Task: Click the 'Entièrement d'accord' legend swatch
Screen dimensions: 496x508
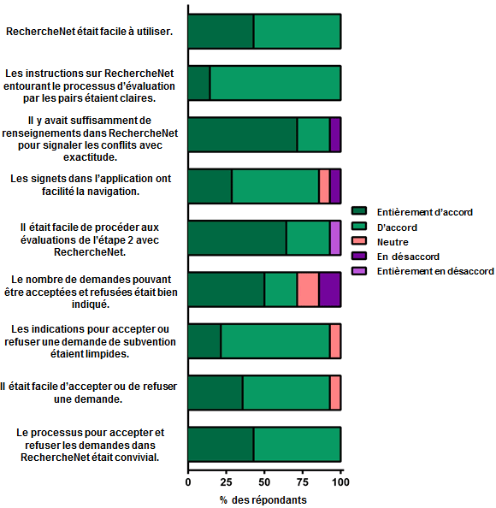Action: [359, 211]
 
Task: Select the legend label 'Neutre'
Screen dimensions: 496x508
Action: [393, 242]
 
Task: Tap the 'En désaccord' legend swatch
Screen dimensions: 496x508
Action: [359, 256]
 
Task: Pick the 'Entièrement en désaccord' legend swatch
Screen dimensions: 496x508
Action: [359, 271]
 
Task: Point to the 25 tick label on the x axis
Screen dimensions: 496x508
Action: [226, 482]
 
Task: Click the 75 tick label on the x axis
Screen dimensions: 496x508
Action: [303, 482]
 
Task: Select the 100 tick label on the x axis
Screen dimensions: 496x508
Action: [340, 482]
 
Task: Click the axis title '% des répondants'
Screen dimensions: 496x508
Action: [263, 500]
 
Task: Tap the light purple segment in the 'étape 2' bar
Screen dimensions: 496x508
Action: [335, 238]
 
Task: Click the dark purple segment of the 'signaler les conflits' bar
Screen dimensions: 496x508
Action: [335, 134]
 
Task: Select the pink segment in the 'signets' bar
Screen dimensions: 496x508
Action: [324, 186]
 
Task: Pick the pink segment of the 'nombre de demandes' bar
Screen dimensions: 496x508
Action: [308, 289]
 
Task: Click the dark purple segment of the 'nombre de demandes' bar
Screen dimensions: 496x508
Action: [330, 289]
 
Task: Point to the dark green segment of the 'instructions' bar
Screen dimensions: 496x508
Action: [199, 83]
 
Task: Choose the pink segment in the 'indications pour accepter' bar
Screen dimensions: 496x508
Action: [335, 341]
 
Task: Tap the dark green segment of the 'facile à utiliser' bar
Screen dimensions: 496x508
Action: [221, 32]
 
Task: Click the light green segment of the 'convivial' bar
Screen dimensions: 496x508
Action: [297, 444]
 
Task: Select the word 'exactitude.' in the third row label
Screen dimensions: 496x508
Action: [90, 157]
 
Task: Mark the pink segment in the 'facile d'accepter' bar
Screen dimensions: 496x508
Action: [335, 393]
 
